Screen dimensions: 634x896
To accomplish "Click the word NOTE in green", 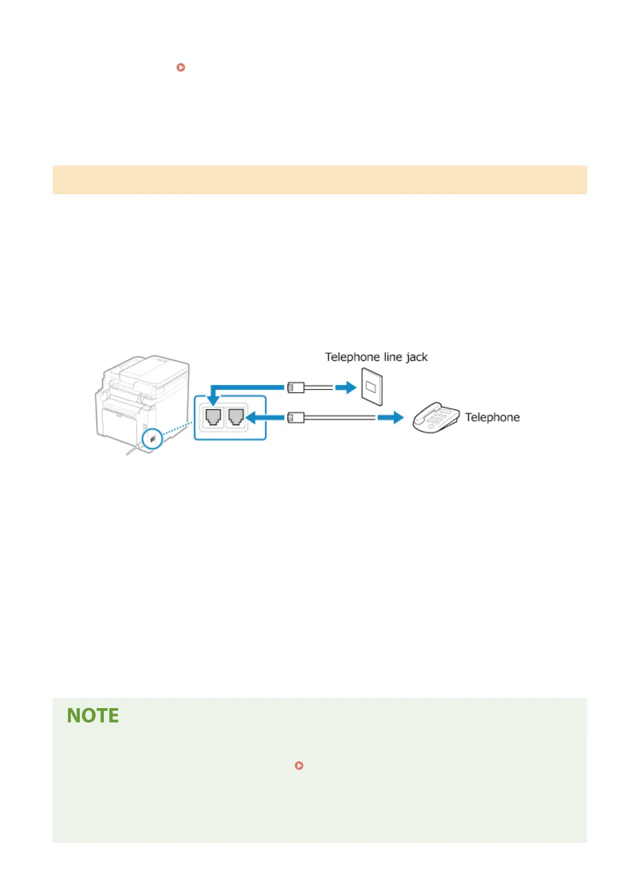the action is pyautogui.click(x=93, y=716).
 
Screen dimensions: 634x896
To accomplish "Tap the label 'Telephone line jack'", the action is pyautogui.click(x=376, y=357).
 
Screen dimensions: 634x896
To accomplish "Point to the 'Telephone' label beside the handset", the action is pyautogui.click(x=492, y=417).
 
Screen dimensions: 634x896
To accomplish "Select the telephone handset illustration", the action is pyautogui.click(x=435, y=417).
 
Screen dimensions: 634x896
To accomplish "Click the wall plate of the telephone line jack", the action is pyautogui.click(x=372, y=387).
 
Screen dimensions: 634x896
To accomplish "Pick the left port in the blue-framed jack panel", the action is pyautogui.click(x=213, y=416).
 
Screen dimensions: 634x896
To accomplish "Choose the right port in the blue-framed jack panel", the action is pyautogui.click(x=236, y=416).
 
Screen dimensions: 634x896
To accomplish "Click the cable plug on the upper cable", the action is pyautogui.click(x=296, y=387).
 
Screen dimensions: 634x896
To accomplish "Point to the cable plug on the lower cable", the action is pyautogui.click(x=296, y=418).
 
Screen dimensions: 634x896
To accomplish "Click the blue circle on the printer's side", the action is pyautogui.click(x=153, y=439).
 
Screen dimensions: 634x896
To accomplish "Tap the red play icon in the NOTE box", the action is pyautogui.click(x=299, y=766).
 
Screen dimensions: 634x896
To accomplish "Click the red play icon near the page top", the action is pyautogui.click(x=181, y=68).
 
